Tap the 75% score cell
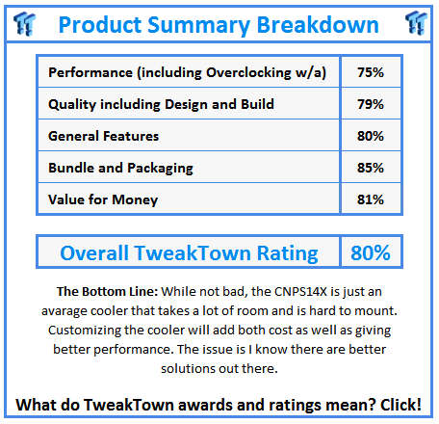pyautogui.click(x=370, y=73)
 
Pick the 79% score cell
pyautogui.click(x=370, y=105)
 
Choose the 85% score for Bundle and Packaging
pyautogui.click(x=370, y=168)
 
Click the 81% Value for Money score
pyautogui.click(x=370, y=199)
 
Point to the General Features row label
pyautogui.click(x=104, y=137)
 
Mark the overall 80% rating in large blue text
pyautogui.click(x=370, y=253)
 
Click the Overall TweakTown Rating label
pyautogui.click(x=189, y=253)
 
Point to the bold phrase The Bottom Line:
pyautogui.click(x=103, y=291)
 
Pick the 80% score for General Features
pyautogui.click(x=370, y=137)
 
